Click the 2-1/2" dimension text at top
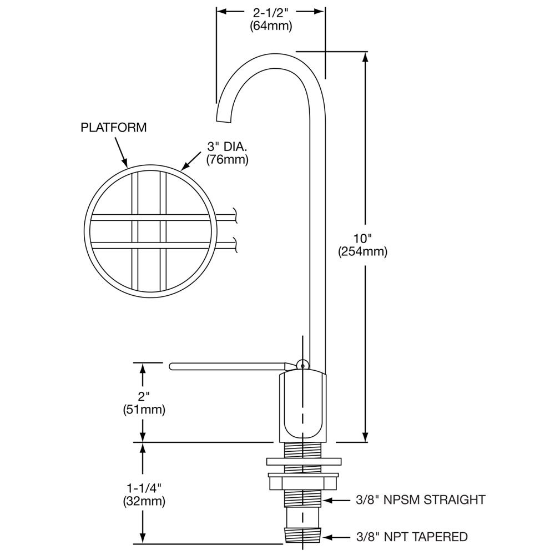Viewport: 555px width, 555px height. tap(270, 12)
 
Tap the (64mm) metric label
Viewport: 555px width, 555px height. tap(270, 26)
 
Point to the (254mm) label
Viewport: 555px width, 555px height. tap(362, 251)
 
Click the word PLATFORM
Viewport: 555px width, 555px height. tap(114, 127)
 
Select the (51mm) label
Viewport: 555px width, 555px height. tap(144, 410)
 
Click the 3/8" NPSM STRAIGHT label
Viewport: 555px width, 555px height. tap(421, 500)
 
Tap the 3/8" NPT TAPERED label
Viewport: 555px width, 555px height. tap(411, 537)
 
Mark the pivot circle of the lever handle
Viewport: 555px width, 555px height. tap(301, 365)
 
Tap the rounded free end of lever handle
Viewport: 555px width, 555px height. tap(171, 365)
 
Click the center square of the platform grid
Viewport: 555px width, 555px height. tap(149, 231)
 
